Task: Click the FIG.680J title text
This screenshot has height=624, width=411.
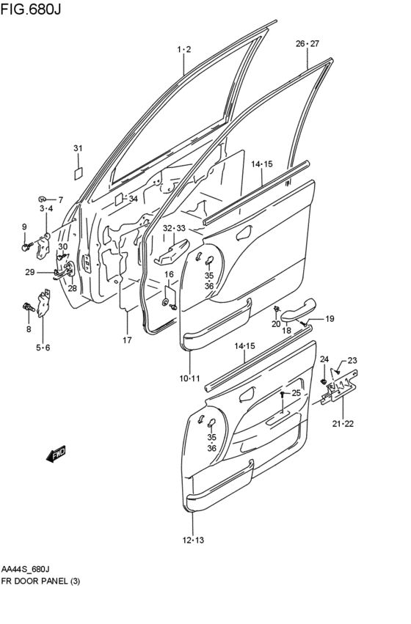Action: (x=31, y=9)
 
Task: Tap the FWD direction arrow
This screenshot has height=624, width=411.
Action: (x=55, y=454)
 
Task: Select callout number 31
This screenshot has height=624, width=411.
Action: (x=78, y=148)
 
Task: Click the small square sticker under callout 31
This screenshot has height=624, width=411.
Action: (x=78, y=174)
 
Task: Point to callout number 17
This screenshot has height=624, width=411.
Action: (x=127, y=339)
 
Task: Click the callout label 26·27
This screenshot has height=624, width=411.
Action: (x=308, y=44)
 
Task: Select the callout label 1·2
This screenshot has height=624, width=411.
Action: (x=184, y=49)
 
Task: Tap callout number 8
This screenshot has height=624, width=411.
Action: (x=29, y=329)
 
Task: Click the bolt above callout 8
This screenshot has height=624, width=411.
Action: (x=29, y=307)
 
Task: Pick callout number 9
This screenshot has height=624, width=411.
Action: (x=25, y=227)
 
